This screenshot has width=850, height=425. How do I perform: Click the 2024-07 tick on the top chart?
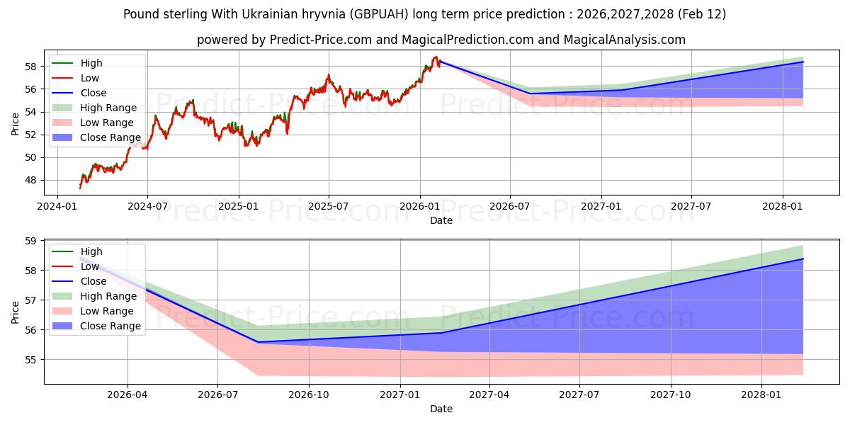pos(147,207)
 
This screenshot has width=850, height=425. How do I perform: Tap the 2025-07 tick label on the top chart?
pos(329,207)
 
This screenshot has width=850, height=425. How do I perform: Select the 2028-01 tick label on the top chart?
pos(783,207)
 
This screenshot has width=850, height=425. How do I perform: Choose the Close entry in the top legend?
pos(93,93)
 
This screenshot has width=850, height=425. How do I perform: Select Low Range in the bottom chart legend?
pos(107,311)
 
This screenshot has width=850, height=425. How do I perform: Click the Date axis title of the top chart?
pos(441,220)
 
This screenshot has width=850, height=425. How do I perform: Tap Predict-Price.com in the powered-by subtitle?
pos(320,40)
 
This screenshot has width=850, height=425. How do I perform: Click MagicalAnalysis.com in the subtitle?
pos(624,40)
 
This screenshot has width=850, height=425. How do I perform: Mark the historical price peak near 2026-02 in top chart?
pos(436,57)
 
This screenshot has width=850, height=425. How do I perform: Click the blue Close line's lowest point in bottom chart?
pos(258,342)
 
